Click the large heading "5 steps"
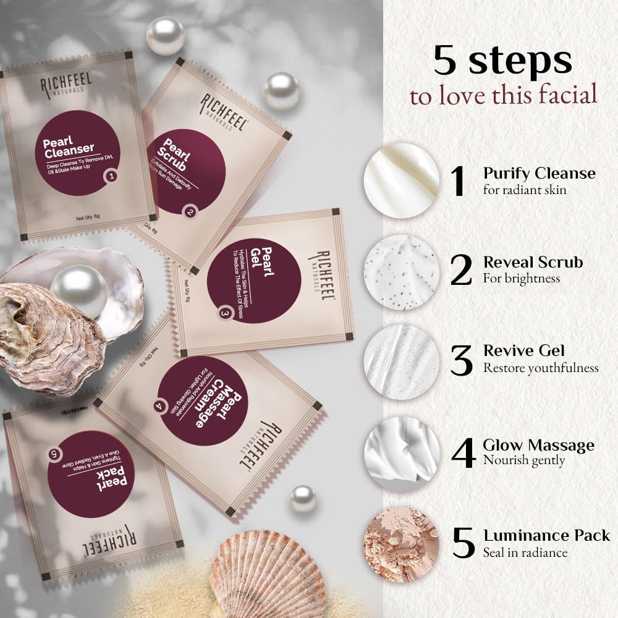point(502,60)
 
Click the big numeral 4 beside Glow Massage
point(462,453)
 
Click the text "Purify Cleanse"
point(539,173)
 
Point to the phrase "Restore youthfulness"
point(541,368)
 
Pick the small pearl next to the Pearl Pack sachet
point(303,498)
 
